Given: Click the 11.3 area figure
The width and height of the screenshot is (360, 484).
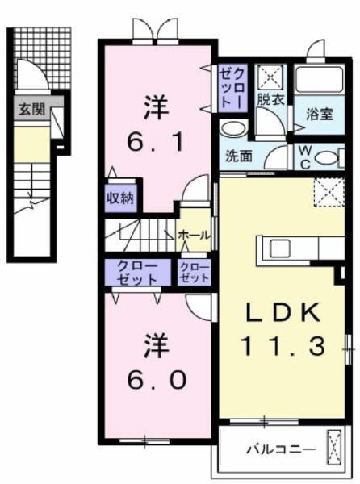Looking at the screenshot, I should [283, 346].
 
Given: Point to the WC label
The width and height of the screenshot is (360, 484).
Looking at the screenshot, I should [305, 154].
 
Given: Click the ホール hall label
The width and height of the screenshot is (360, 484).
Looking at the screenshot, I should [195, 235].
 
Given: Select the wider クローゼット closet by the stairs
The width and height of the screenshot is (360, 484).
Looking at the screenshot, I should [137, 272].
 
